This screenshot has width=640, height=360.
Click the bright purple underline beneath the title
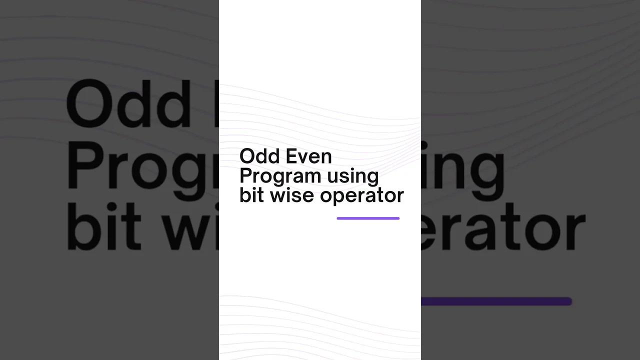click(x=368, y=218)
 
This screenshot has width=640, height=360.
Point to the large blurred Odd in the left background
click(x=127, y=104)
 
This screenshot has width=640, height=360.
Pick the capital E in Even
click(x=290, y=156)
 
